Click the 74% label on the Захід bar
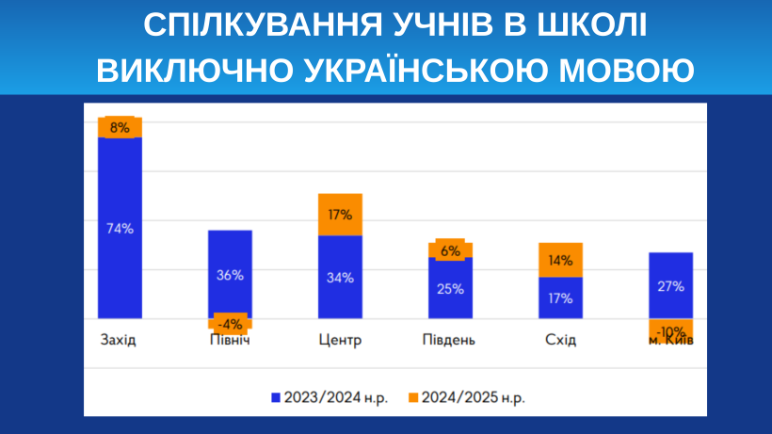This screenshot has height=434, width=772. (x=120, y=228)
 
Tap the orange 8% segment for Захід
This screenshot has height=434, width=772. (x=120, y=127)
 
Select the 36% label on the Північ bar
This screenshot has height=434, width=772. (x=230, y=275)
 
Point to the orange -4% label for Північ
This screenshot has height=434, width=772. (x=230, y=324)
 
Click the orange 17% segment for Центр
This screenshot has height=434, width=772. (x=340, y=215)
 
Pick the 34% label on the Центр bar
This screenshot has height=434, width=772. (x=340, y=277)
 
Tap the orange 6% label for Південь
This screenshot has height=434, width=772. (x=450, y=250)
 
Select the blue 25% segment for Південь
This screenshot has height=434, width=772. (x=450, y=288)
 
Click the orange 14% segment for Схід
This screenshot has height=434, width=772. (x=560, y=260)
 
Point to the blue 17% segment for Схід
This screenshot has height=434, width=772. (x=560, y=297)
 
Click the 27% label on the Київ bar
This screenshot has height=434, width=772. (x=670, y=286)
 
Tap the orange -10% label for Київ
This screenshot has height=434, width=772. (x=670, y=331)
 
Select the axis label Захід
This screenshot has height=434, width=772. (x=119, y=340)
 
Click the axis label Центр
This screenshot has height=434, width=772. (x=340, y=340)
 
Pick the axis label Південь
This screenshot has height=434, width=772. (x=449, y=340)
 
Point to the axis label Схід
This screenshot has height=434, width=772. (x=560, y=340)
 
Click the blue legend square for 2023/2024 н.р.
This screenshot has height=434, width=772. (x=276, y=397)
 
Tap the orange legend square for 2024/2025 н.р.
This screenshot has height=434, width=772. (x=412, y=397)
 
